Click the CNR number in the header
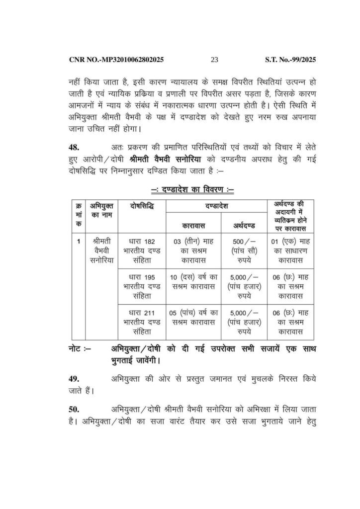(x=116, y=60)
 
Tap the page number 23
(x=215, y=60)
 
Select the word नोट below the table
(x=78, y=349)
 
